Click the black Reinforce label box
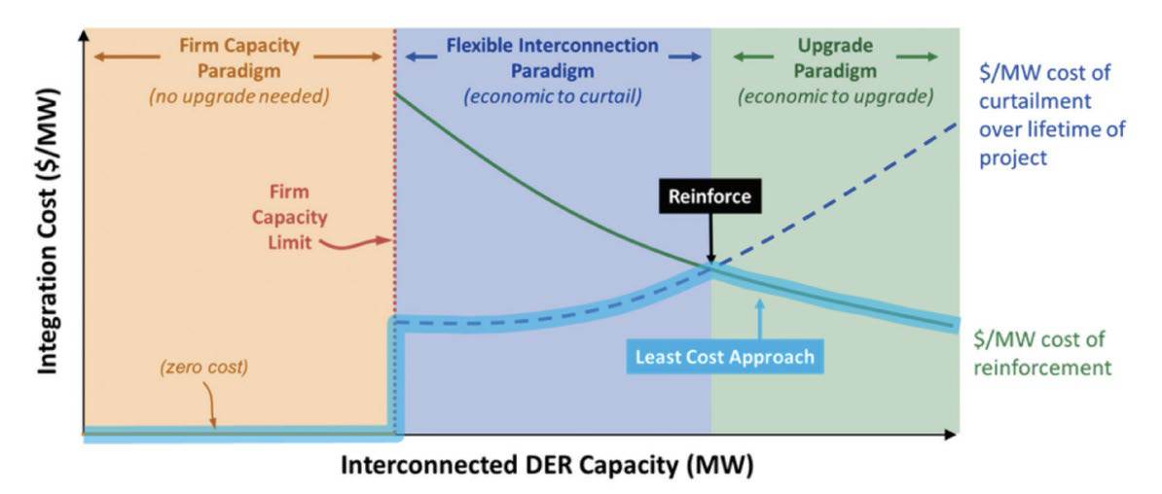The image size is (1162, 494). click(x=710, y=196)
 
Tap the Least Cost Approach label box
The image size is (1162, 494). click(x=725, y=356)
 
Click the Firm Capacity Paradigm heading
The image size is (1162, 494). click(x=239, y=57)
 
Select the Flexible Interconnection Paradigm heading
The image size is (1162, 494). click(x=553, y=57)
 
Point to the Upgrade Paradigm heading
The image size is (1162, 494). click(x=836, y=57)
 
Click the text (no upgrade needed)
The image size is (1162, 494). click(x=239, y=97)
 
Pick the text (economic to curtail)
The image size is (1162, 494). click(x=553, y=97)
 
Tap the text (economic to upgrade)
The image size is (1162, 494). click(x=836, y=97)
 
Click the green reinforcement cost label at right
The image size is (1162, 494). click(x=1042, y=353)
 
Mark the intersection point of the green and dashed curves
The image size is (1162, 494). click(x=711, y=268)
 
